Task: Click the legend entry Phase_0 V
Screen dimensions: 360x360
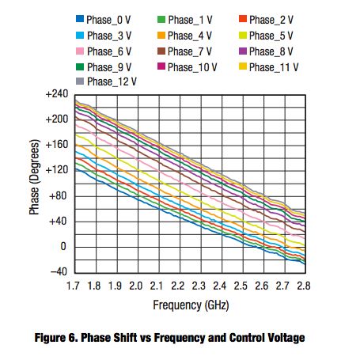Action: [112, 19]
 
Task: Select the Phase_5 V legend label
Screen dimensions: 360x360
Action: [271, 35]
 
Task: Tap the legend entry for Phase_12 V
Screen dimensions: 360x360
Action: [112, 81]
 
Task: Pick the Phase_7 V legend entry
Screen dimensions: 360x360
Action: [191, 51]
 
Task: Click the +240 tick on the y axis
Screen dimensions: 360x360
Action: [58, 94]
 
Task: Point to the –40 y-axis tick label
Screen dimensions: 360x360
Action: [59, 271]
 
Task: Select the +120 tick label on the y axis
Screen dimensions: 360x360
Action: [58, 170]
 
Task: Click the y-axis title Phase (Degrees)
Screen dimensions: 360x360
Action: [34, 184]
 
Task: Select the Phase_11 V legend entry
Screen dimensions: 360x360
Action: [272, 66]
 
